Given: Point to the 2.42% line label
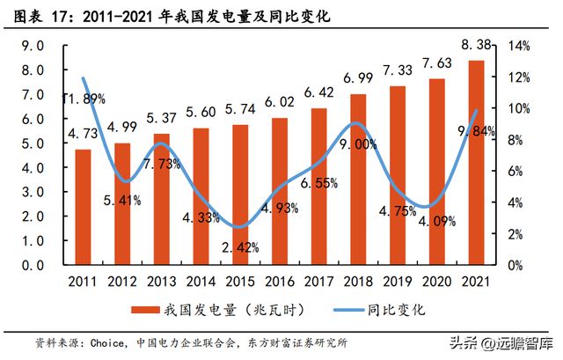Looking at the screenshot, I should click(240, 248).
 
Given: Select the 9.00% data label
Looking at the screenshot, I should click(358, 143).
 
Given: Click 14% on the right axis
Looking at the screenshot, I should click(519, 46).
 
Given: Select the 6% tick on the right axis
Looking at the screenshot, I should click(516, 171).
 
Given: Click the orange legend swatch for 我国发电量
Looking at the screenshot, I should click(143, 310).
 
